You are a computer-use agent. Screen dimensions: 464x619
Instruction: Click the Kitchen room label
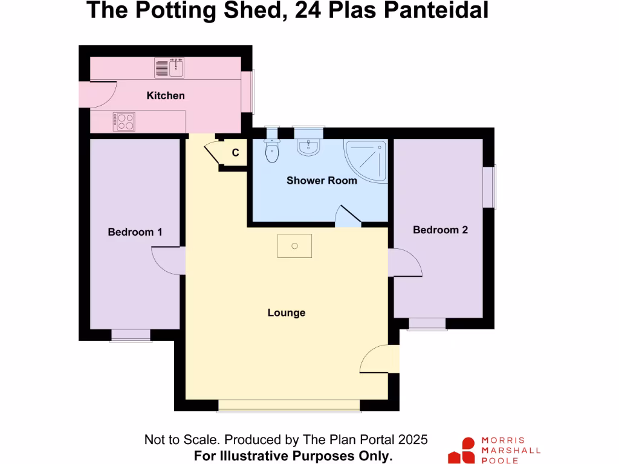coord(166,95)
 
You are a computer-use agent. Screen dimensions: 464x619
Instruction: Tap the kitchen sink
coord(169,68)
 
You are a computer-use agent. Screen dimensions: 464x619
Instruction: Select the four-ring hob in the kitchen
coord(125,121)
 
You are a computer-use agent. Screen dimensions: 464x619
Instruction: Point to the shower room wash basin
coord(308,146)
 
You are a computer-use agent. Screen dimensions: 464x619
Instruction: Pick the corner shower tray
coord(365,160)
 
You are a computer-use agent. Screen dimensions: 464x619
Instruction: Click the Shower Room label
coord(322,180)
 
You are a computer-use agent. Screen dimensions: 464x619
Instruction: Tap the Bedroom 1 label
coord(135,231)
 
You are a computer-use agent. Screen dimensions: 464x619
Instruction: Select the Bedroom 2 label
coord(440,230)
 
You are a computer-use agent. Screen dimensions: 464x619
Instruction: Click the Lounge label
coord(287,312)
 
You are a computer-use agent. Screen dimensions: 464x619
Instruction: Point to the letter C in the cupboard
coord(236,153)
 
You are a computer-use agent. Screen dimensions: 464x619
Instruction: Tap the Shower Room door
coord(348,216)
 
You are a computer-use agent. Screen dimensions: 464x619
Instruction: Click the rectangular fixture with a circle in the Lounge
coord(295,246)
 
